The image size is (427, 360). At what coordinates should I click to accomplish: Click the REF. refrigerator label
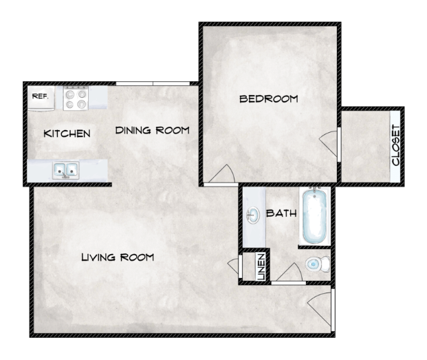(39, 96)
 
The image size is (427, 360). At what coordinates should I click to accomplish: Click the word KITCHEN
(67, 133)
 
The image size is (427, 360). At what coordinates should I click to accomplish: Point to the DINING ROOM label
(152, 130)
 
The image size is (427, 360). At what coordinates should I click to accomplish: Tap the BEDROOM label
(268, 99)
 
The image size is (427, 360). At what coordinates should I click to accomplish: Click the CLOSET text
(395, 145)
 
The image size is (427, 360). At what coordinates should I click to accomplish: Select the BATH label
(281, 213)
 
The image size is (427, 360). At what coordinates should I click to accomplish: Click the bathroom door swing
(287, 273)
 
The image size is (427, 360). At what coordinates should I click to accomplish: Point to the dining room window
(152, 83)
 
